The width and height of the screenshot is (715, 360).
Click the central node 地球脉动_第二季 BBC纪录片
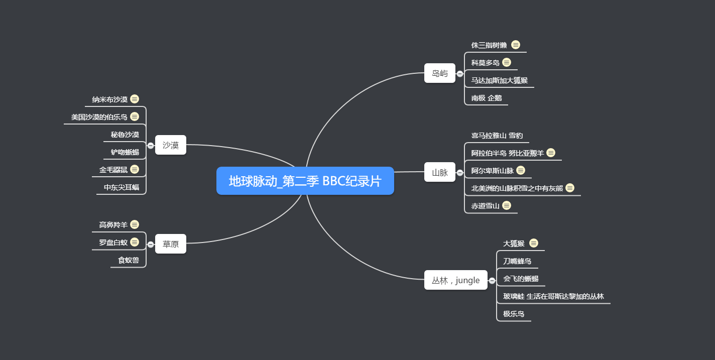point(305,181)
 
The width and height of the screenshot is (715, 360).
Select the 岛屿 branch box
point(439,73)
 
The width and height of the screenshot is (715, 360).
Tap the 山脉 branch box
point(439,172)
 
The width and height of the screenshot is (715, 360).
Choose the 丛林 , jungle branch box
point(455,280)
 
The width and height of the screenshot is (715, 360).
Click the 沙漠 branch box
point(170,145)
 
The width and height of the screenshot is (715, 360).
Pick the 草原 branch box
point(170,244)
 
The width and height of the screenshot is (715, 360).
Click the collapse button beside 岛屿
point(460,74)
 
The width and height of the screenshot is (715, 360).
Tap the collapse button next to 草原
point(151,245)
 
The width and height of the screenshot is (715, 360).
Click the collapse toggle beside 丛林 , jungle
point(492,281)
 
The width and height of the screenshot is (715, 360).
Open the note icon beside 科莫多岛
point(507,63)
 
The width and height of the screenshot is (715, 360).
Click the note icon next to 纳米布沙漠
point(135,99)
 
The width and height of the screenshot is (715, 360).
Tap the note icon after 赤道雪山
point(507,205)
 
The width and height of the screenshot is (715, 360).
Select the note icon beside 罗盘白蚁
point(135,242)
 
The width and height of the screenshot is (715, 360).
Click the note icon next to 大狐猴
point(534,244)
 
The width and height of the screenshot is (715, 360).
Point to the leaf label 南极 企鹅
point(486,98)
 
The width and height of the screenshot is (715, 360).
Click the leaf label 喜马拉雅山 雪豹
point(497,136)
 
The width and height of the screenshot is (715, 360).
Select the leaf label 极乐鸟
point(514,314)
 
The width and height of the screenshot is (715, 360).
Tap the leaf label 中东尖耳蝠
point(122,187)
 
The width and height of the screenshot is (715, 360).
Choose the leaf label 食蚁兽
point(129,260)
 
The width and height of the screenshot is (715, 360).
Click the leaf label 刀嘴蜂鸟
point(517,261)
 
